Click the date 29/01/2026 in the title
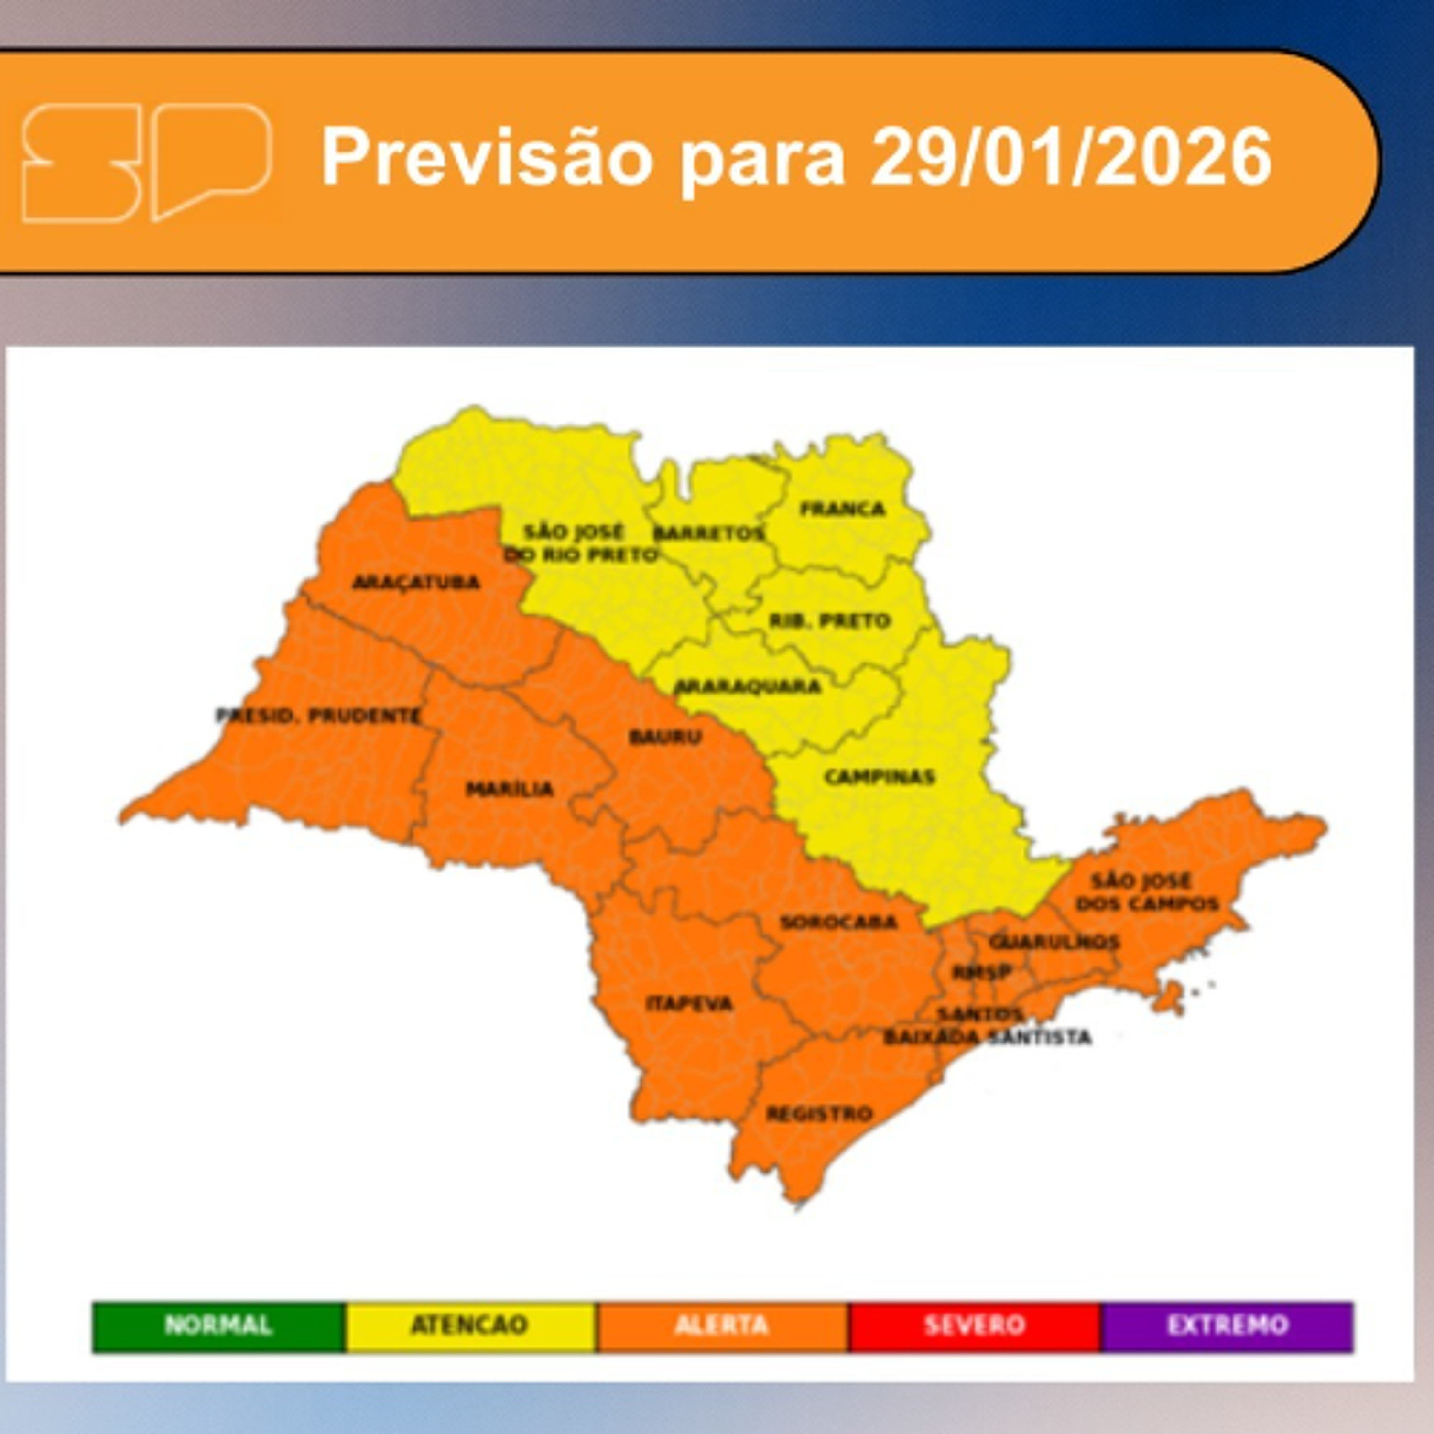(1071, 157)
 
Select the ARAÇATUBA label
(416, 582)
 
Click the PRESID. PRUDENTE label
(318, 716)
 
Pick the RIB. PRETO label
(829, 620)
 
